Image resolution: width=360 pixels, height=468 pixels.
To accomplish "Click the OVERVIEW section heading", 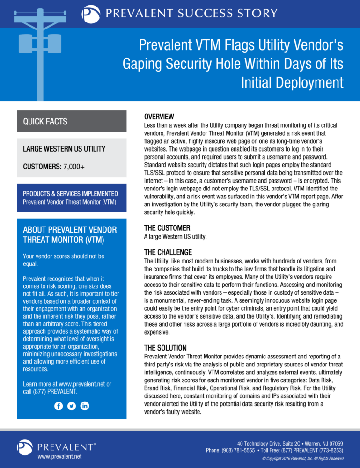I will coord(159,116).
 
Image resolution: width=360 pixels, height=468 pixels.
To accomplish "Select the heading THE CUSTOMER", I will coord(167,228).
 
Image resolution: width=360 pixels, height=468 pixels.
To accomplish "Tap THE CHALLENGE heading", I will coord(168,252).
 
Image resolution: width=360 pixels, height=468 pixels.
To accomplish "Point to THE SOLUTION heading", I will coord(165,348).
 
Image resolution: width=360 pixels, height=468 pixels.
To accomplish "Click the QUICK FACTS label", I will coord(45,122).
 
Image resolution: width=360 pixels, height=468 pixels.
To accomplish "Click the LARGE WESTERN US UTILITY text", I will coord(64,149).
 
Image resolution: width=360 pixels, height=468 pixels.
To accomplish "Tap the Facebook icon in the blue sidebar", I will coord(59,406).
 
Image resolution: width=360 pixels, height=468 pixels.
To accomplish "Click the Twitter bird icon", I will coord(72,406).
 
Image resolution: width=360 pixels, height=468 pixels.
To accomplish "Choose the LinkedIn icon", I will coord(85,406).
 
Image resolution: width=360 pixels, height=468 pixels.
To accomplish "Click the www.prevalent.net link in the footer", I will coord(59,456).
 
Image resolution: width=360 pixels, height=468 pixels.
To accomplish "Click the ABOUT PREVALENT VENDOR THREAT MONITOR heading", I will coord(70,234).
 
